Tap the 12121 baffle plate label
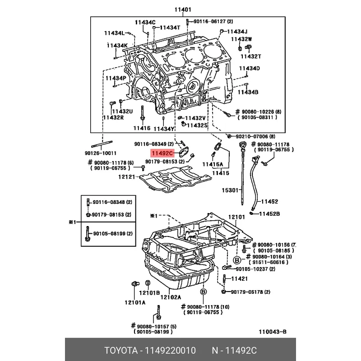tap(127, 177)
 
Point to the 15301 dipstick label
tap(230, 190)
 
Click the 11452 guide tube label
tap(270, 201)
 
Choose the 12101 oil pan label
tap(236, 218)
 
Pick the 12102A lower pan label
tap(170, 297)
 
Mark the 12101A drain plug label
tap(135, 303)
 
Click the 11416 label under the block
tap(141, 128)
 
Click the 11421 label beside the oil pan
tap(239, 279)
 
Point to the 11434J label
tap(237, 31)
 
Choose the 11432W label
tap(241, 39)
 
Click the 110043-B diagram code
tap(273, 332)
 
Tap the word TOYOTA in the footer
tap(120, 351)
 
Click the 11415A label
tap(212, 164)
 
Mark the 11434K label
tap(117, 45)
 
